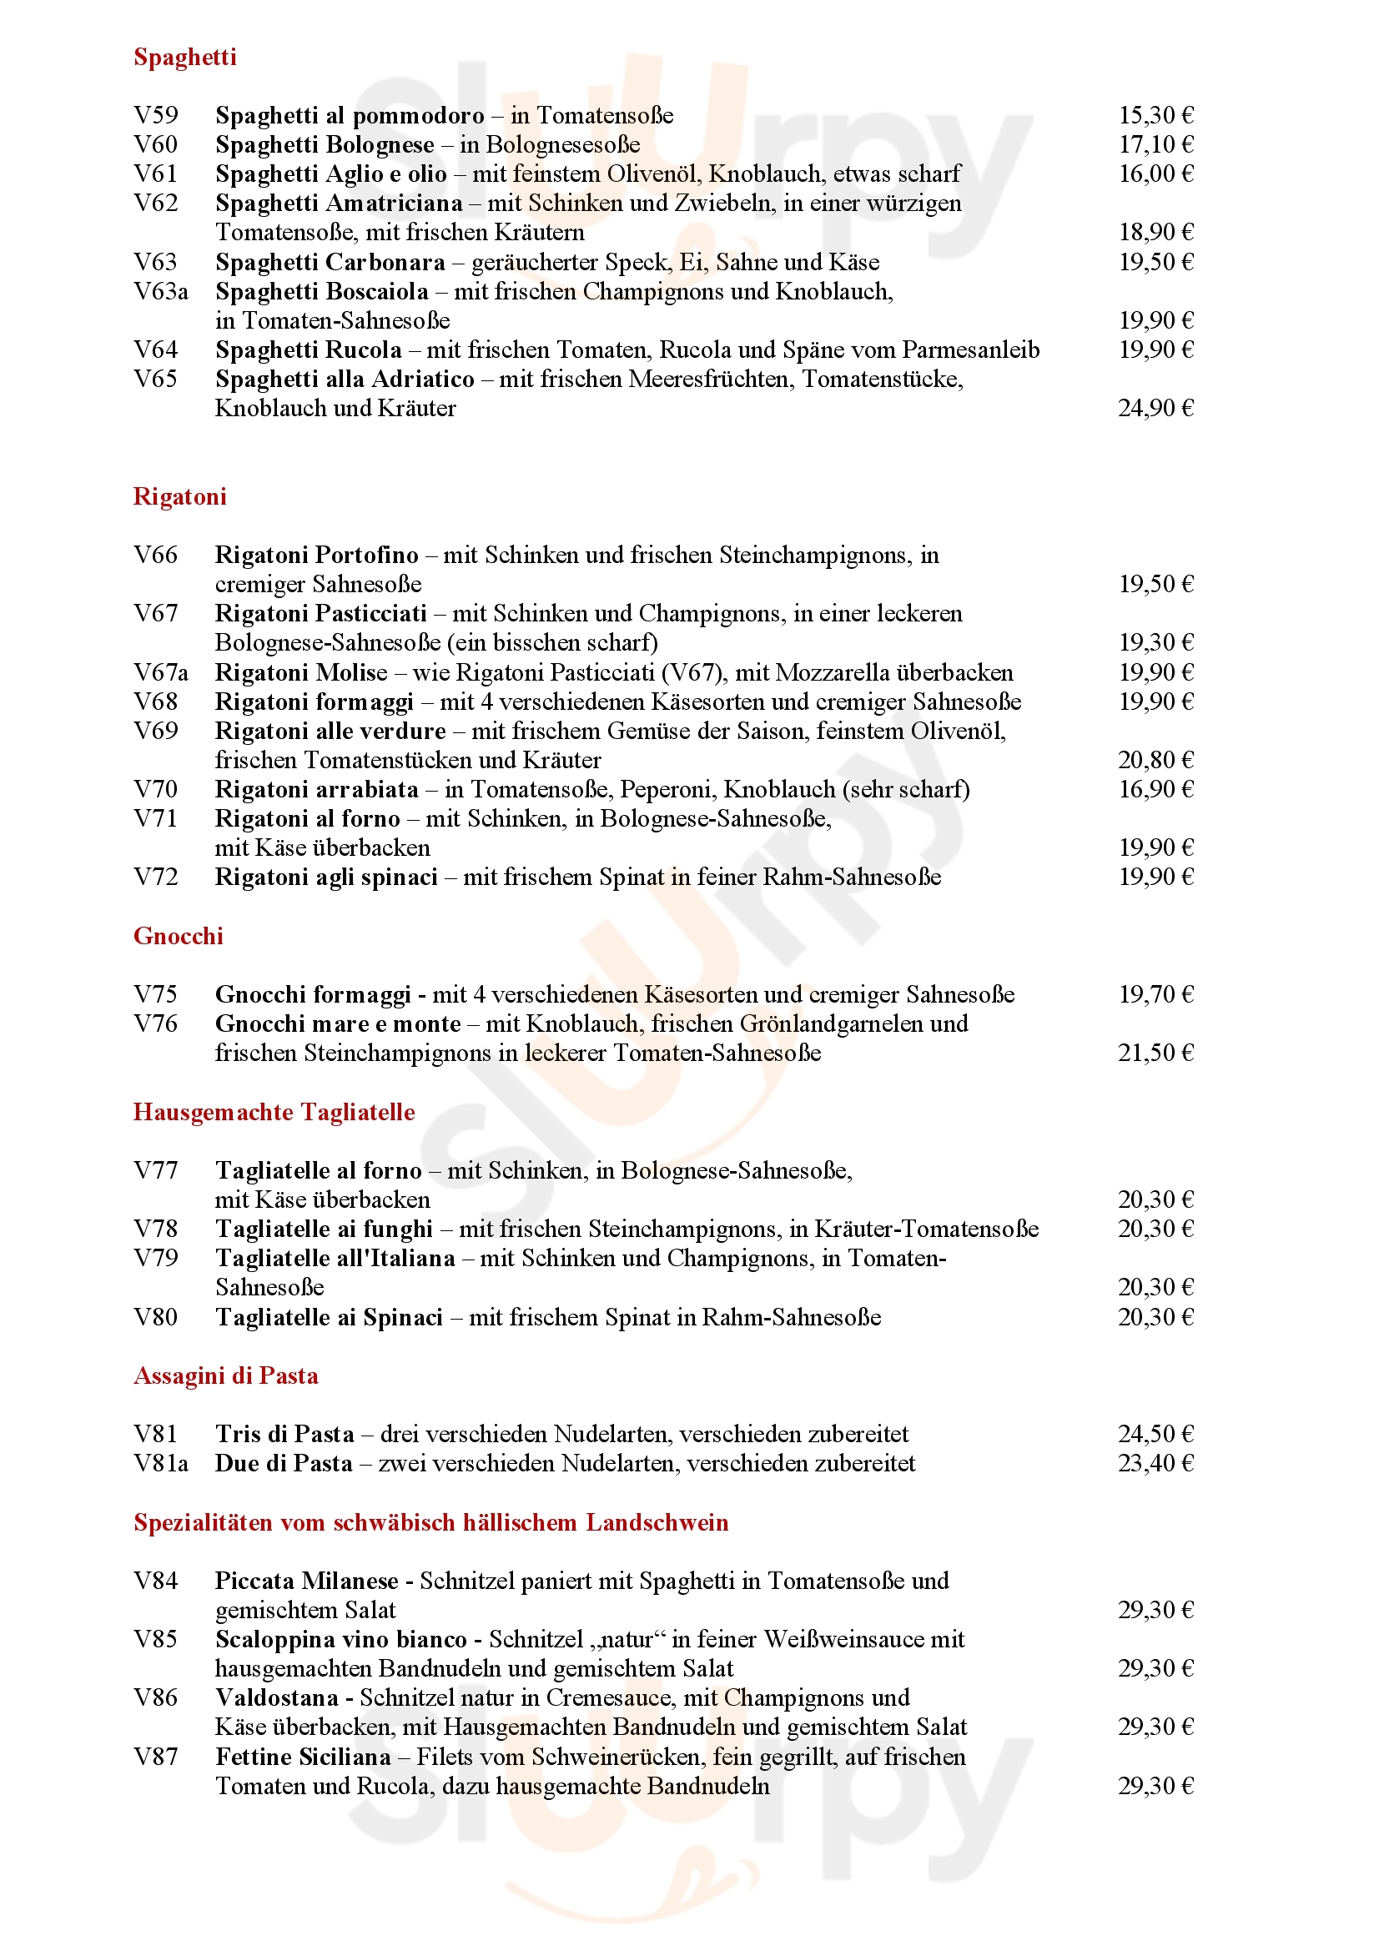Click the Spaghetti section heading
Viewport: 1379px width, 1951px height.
pyautogui.click(x=184, y=57)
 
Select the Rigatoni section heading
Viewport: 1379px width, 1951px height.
pyautogui.click(x=179, y=496)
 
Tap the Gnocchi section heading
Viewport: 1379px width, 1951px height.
pyautogui.click(x=178, y=936)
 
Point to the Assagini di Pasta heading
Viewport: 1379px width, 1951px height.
pyautogui.click(x=225, y=1375)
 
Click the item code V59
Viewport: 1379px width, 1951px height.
pyautogui.click(x=155, y=115)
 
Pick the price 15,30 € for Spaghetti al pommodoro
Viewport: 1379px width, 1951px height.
pyautogui.click(x=1155, y=115)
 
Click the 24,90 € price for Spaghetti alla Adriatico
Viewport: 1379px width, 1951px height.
pyautogui.click(x=1155, y=408)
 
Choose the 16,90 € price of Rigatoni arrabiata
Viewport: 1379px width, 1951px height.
pyautogui.click(x=1155, y=789)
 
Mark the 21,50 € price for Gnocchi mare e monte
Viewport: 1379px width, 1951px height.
pyautogui.click(x=1155, y=1053)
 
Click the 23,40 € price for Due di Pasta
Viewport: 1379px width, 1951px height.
pyautogui.click(x=1155, y=1463)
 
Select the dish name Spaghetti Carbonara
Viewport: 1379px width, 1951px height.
pyautogui.click(x=330, y=262)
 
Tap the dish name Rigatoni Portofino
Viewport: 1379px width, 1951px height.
pyautogui.click(x=316, y=555)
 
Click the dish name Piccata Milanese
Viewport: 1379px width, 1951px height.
pyautogui.click(x=306, y=1581)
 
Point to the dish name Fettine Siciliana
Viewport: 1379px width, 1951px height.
pyautogui.click(x=303, y=1757)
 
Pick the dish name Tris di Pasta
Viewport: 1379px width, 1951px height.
pyautogui.click(x=284, y=1435)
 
